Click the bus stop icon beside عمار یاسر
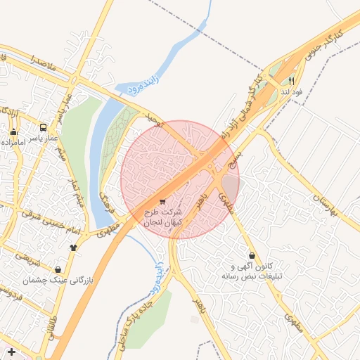pos(44,129)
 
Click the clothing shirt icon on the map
pos(74,247)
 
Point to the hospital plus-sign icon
pos(11,351)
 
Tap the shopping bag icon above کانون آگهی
pos(252,255)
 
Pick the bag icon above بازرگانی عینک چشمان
pos(58,269)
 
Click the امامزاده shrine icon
pos(13,131)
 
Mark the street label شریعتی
pos(29,260)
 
